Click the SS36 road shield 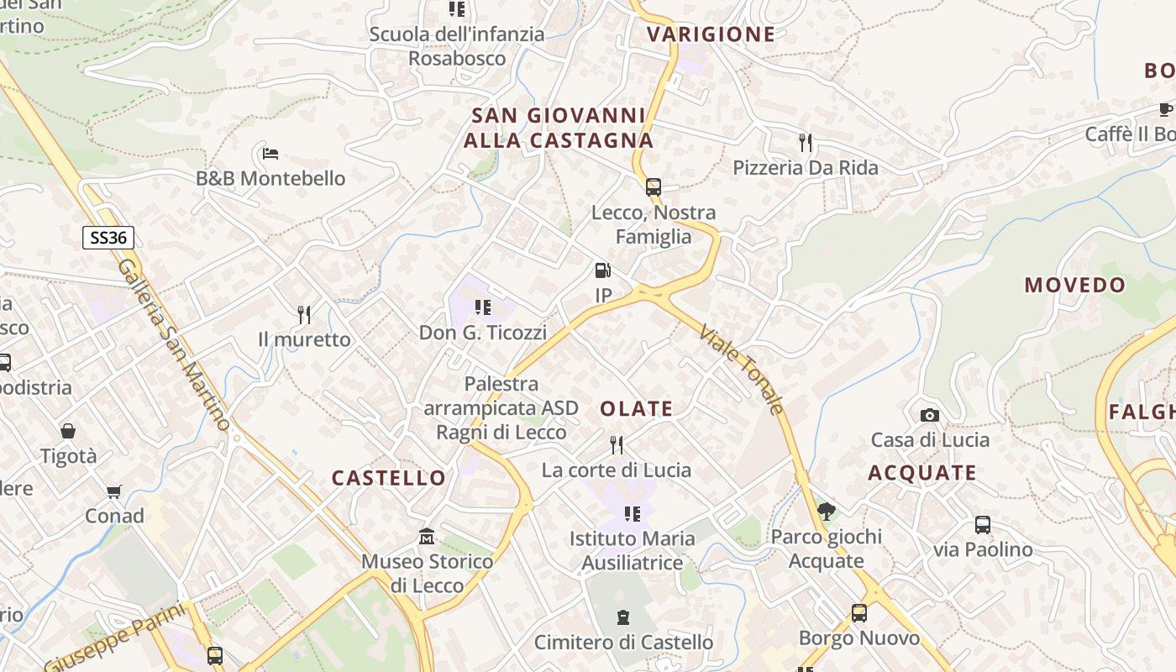108,238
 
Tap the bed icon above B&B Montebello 270,154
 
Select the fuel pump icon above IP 602,270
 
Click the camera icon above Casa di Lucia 929,415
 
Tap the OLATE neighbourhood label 636,409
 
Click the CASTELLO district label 389,478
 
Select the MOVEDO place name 1074,285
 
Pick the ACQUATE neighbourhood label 921,473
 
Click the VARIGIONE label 711,34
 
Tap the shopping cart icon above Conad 114,491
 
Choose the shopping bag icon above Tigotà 68,432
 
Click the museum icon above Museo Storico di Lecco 427,536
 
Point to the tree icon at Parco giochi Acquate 826,511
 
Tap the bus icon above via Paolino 982,525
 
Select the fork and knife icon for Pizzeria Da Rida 806,142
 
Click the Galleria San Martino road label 174,344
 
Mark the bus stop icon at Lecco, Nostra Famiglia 653,187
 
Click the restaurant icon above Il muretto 304,315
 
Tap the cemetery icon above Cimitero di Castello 623,618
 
